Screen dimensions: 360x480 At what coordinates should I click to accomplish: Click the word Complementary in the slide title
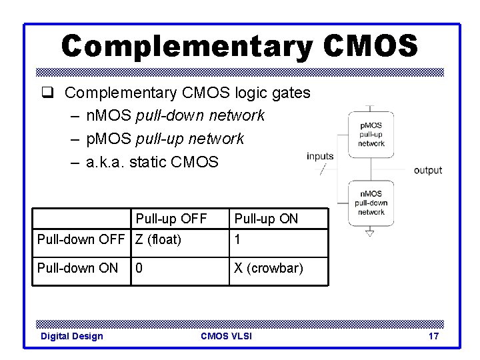pyautogui.click(x=186, y=46)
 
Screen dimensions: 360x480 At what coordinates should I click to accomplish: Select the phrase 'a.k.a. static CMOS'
pyautogui.click(x=153, y=161)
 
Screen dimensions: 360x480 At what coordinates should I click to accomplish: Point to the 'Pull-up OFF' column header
pyautogui.click(x=171, y=219)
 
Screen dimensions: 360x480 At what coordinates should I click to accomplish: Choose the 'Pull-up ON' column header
pyautogui.click(x=266, y=219)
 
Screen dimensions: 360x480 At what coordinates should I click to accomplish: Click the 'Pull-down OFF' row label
pyautogui.click(x=82, y=239)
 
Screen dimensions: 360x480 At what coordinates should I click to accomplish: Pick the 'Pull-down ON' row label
pyautogui.click(x=78, y=268)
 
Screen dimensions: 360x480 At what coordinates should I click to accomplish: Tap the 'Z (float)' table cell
pyautogui.click(x=159, y=239)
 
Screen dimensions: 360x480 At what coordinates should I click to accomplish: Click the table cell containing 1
pyautogui.click(x=237, y=239)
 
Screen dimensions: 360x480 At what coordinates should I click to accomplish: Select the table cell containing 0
pyautogui.click(x=139, y=268)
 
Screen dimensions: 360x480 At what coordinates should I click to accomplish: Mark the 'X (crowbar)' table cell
pyautogui.click(x=268, y=268)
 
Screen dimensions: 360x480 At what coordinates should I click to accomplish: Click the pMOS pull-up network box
pyautogui.click(x=371, y=135)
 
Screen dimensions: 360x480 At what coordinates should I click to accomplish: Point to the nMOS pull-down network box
pyautogui.click(x=371, y=203)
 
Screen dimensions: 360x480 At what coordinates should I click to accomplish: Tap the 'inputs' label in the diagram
pyautogui.click(x=320, y=157)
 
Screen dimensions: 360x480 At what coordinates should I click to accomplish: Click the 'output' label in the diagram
pyautogui.click(x=428, y=170)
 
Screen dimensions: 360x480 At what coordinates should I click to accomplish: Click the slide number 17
pyautogui.click(x=433, y=336)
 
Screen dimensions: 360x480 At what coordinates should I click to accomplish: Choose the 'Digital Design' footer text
pyautogui.click(x=72, y=336)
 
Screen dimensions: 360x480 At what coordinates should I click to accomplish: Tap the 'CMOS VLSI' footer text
pyautogui.click(x=226, y=336)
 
